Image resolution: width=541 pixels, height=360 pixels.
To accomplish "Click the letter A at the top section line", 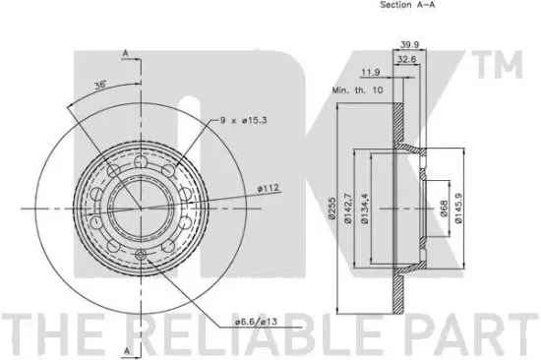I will [126, 52].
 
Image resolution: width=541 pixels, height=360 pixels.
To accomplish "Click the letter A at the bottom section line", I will [126, 350].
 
